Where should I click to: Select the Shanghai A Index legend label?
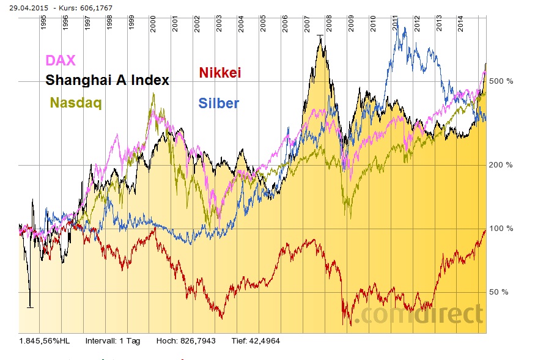(x=107, y=80)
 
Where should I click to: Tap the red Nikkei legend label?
(x=221, y=73)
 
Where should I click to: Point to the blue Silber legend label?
(x=218, y=103)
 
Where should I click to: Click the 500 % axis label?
(x=501, y=81)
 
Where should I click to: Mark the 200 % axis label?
(x=501, y=165)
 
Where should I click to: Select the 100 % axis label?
(x=501, y=229)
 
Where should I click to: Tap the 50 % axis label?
(x=499, y=292)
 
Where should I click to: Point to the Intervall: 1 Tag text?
(x=113, y=340)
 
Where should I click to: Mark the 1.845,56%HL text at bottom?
(x=45, y=340)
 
